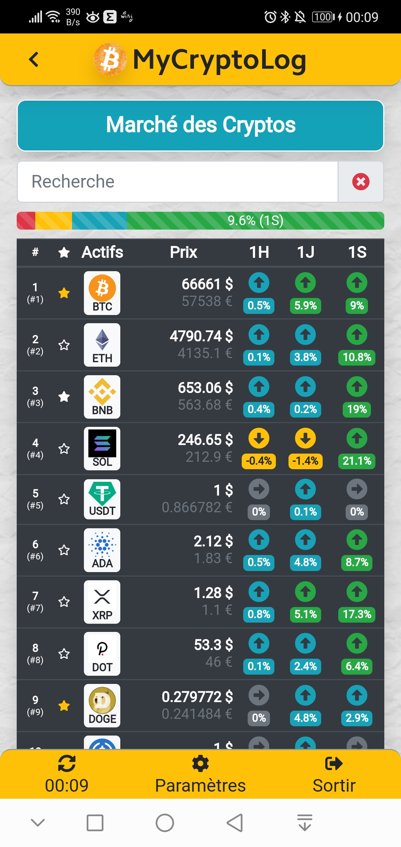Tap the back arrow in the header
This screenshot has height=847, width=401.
34,59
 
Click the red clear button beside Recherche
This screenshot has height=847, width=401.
361,182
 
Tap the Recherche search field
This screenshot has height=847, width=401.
177,182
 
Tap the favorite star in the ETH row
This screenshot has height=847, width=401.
64,345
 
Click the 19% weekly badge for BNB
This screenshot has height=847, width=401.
357,409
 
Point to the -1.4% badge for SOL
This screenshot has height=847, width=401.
305,461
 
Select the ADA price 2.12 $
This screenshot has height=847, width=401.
213,541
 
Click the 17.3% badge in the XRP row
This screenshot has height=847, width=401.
357,614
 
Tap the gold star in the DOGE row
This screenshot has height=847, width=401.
64,705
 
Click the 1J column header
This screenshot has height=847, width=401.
306,252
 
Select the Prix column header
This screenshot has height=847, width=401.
183,252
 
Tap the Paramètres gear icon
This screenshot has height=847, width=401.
200,763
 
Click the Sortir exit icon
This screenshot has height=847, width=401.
334,763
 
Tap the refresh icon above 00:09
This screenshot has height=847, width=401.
67,763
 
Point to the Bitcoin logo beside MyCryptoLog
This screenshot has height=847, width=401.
110,59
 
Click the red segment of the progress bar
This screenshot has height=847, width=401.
26,221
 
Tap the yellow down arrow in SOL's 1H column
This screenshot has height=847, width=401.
259,438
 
